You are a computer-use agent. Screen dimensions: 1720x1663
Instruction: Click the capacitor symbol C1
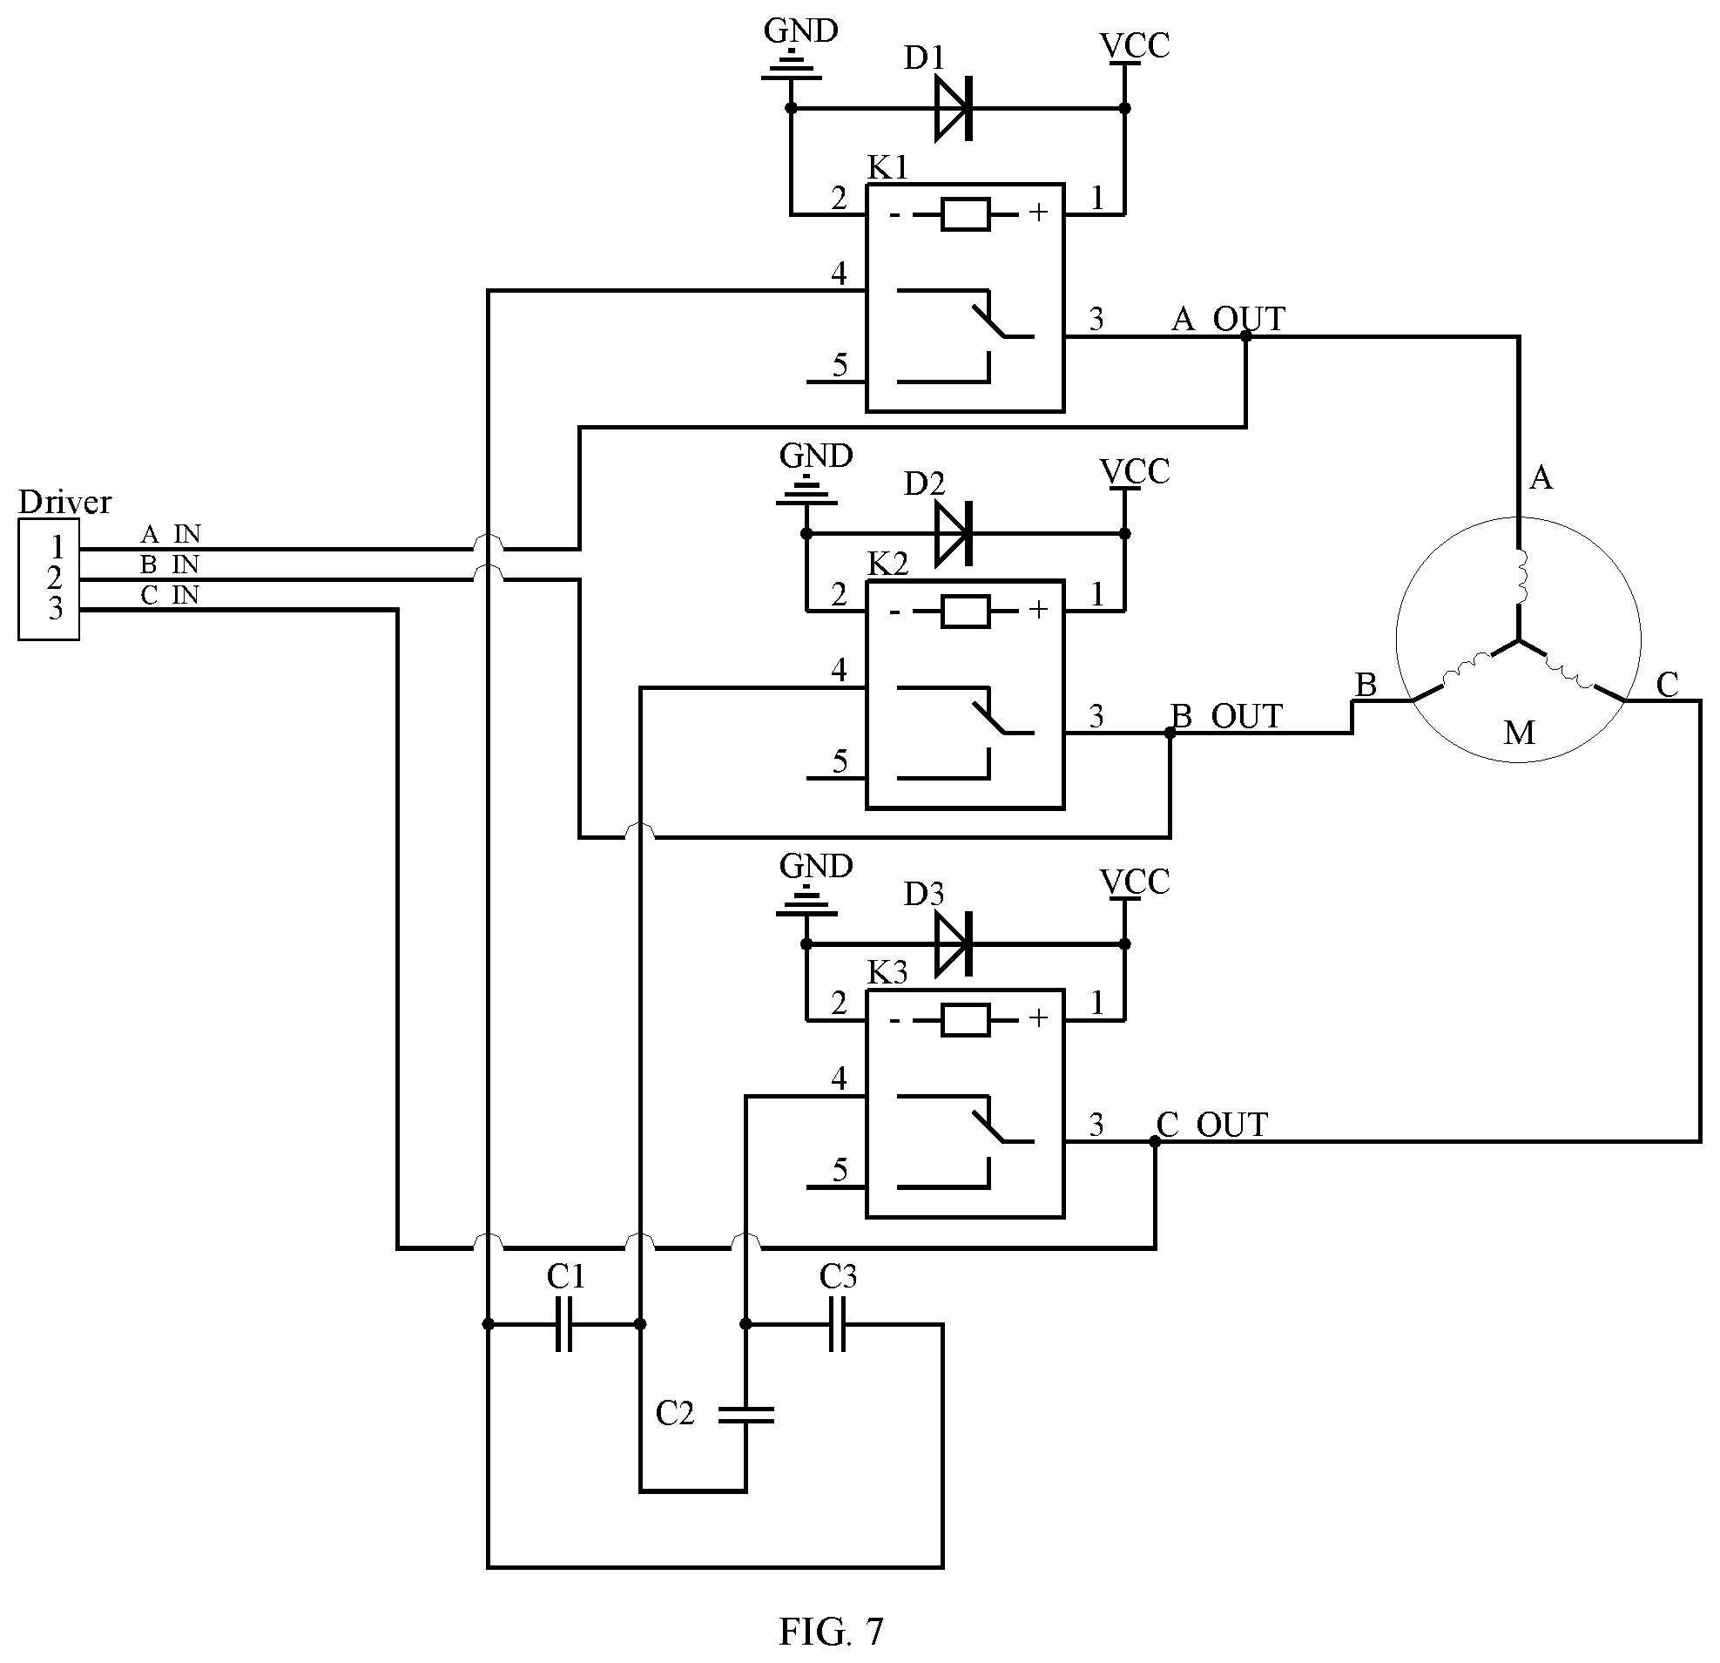(x=564, y=1323)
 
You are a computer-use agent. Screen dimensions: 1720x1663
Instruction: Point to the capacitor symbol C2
(x=746, y=1414)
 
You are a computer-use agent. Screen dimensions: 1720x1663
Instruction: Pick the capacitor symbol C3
(x=837, y=1323)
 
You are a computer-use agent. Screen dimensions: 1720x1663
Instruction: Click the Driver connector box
(x=49, y=580)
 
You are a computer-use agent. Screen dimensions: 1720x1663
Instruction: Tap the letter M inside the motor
(x=1519, y=733)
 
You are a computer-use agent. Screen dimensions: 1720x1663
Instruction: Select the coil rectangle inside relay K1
(x=965, y=214)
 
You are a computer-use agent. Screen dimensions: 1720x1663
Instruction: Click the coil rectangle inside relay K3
(x=965, y=1020)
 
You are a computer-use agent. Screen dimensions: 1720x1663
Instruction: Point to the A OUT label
(x=1229, y=319)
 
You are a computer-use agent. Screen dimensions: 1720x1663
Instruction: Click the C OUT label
(x=1212, y=1124)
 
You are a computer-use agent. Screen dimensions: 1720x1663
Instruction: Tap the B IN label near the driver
(x=170, y=564)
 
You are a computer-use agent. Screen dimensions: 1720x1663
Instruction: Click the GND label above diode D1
(x=800, y=30)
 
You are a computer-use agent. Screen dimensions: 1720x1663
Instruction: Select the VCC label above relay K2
(x=1135, y=472)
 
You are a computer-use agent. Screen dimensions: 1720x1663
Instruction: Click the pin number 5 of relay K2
(x=840, y=761)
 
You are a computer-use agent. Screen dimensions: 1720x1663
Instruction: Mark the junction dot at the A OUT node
(x=1246, y=336)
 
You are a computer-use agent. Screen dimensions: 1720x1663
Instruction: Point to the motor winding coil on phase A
(x=1521, y=578)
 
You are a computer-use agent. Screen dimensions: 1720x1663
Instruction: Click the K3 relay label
(x=887, y=972)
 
